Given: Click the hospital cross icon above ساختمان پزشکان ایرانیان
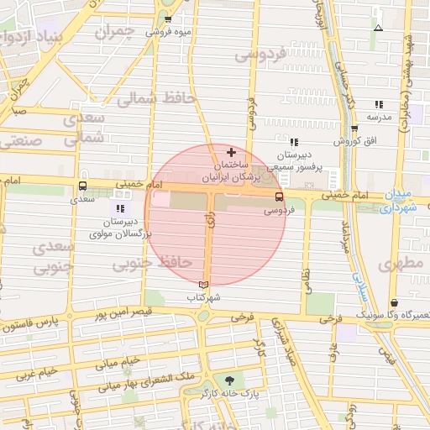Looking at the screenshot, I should [232, 152].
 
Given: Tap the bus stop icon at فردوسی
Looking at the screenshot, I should [280, 197].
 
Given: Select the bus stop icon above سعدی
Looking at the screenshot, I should [82, 186].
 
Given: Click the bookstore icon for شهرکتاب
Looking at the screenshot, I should [202, 285].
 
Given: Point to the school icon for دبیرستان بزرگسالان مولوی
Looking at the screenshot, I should [119, 207].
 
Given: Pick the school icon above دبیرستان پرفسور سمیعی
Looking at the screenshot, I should [293, 142].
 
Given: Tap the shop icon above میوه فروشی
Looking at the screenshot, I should [168, 19].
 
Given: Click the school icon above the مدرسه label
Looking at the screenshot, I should [379, 104].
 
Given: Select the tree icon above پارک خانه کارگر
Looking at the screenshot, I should [229, 379].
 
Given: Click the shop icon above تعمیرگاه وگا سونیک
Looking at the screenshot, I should [395, 302].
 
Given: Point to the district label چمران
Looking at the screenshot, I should [114, 33].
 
